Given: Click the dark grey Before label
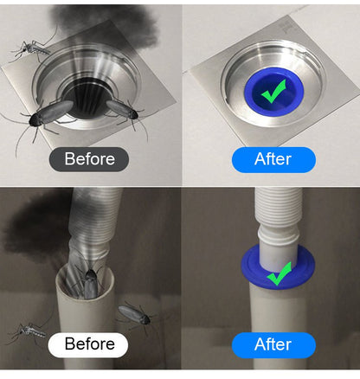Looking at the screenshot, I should pyautogui.click(x=90, y=159).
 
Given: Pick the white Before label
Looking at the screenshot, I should pyautogui.click(x=89, y=344).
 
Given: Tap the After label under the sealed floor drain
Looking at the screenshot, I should pyautogui.click(x=273, y=159).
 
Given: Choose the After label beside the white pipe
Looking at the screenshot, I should pyautogui.click(x=273, y=344).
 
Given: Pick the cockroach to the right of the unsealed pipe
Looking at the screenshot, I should pyautogui.click(x=134, y=315).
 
